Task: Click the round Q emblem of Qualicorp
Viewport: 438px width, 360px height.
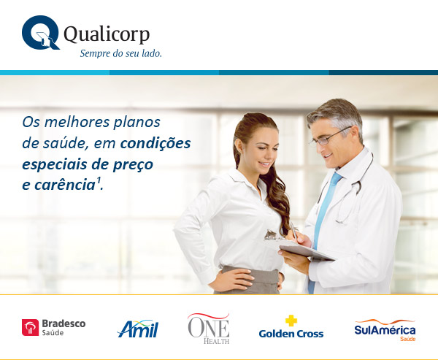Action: click(x=40, y=33)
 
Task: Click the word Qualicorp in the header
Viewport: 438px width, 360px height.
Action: click(x=107, y=34)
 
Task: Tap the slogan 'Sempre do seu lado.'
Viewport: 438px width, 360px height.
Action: click(x=121, y=53)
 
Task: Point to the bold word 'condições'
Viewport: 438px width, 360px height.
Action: click(x=155, y=143)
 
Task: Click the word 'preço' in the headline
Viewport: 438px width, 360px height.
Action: click(x=133, y=164)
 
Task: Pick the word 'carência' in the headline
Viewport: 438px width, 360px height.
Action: click(x=65, y=185)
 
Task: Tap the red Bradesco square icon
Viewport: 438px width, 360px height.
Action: click(x=30, y=327)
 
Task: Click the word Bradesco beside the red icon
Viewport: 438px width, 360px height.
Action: click(x=64, y=323)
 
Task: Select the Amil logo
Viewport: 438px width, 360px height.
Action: click(x=138, y=329)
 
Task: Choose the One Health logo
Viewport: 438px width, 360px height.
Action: click(x=209, y=329)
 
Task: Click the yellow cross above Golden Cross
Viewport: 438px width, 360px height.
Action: click(x=291, y=321)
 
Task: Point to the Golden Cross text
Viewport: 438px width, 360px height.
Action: click(x=291, y=334)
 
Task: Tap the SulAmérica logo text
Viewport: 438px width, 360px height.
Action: click(x=385, y=330)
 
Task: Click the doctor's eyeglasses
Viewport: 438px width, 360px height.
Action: click(x=330, y=137)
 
